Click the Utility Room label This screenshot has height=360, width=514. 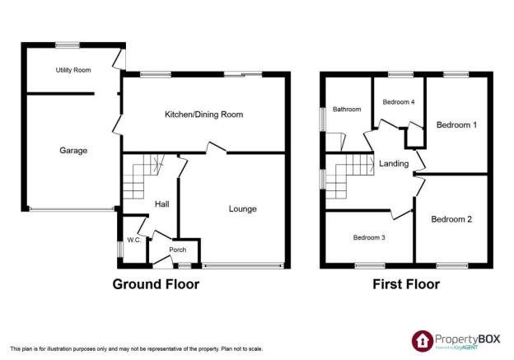(x=73, y=70)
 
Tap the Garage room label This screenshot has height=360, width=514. (x=73, y=151)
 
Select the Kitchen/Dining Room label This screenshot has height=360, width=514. (x=204, y=115)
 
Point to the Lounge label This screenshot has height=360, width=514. (x=242, y=209)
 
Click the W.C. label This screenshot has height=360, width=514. (x=134, y=240)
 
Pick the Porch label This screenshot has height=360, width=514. (x=178, y=250)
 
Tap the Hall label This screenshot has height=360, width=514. (x=162, y=204)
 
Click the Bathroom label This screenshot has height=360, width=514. (x=347, y=110)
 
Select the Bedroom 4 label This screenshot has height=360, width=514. (x=399, y=102)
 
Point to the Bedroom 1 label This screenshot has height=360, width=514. (x=456, y=125)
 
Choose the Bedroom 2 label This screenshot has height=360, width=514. (x=451, y=219)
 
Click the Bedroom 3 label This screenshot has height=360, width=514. (x=369, y=237)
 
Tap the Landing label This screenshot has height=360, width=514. (x=394, y=164)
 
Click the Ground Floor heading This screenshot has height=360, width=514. (x=156, y=284)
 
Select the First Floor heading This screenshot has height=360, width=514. (x=406, y=284)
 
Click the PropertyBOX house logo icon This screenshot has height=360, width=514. (x=423, y=341)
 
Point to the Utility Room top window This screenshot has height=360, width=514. (x=68, y=45)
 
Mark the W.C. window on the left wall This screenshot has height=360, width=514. (x=120, y=250)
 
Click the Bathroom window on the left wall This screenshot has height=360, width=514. (x=323, y=119)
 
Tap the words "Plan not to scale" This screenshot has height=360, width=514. (x=242, y=349)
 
